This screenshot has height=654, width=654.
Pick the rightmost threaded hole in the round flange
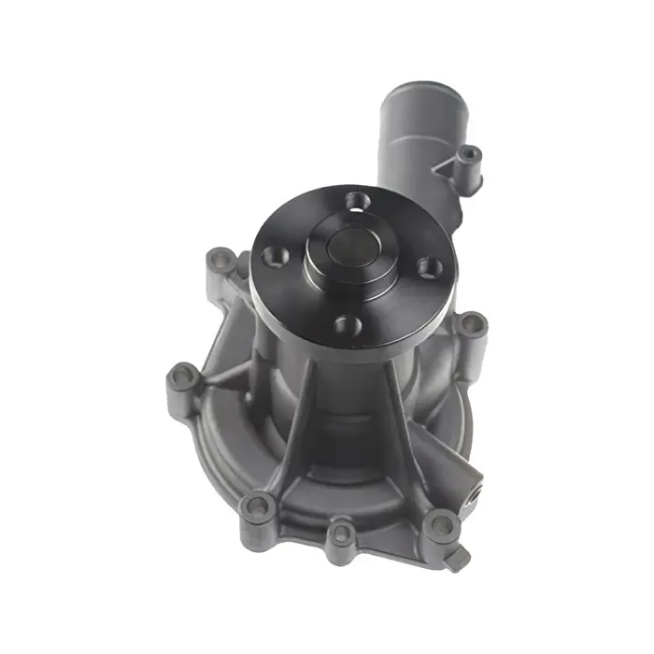pyautogui.click(x=430, y=267)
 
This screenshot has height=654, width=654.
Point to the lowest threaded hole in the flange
pyautogui.click(x=347, y=326)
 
